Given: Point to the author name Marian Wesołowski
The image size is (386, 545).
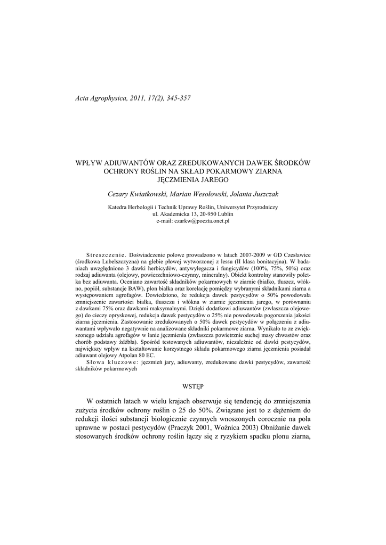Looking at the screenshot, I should point(200,194).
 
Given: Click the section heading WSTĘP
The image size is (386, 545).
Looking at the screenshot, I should point(193,384).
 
